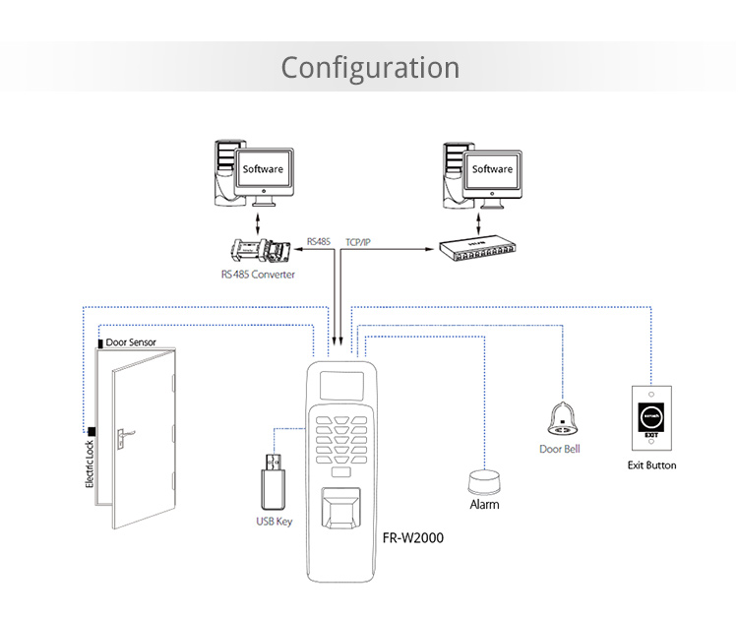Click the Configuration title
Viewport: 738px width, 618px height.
click(370, 67)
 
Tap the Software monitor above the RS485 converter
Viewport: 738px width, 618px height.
click(263, 170)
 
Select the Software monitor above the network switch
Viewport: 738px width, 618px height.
click(492, 170)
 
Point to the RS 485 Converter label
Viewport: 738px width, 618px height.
click(258, 275)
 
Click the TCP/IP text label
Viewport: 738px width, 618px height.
click(361, 241)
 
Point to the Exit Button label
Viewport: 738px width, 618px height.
click(651, 464)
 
